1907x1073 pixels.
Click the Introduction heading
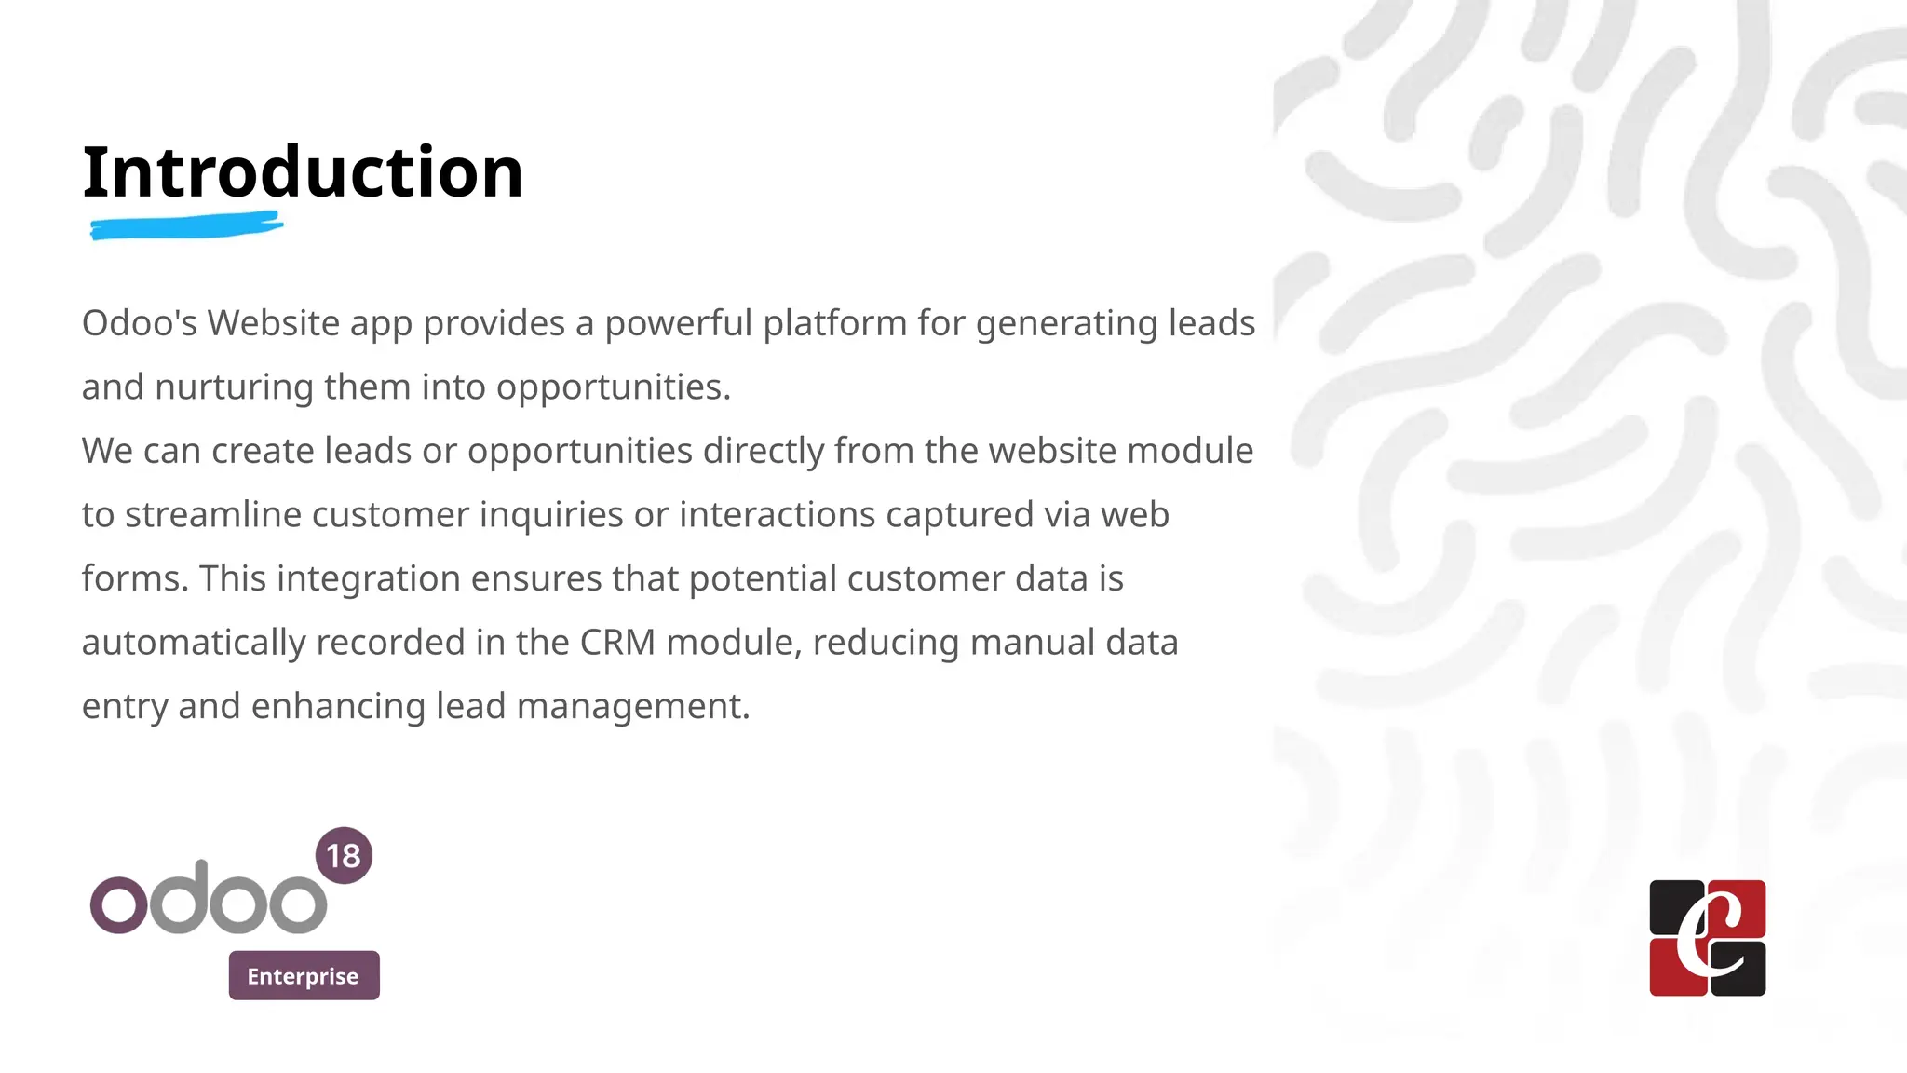coord(303,172)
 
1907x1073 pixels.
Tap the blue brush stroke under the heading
coord(186,225)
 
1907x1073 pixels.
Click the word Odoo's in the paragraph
coord(140,323)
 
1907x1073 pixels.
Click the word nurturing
coord(234,387)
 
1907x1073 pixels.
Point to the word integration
coord(368,579)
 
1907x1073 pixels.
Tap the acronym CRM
coord(617,643)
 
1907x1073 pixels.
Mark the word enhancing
coord(338,707)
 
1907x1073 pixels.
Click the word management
coord(632,707)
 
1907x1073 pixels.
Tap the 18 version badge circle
coord(344,855)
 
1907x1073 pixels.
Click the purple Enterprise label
coord(304,975)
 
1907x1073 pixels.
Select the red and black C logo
coord(1707,938)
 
